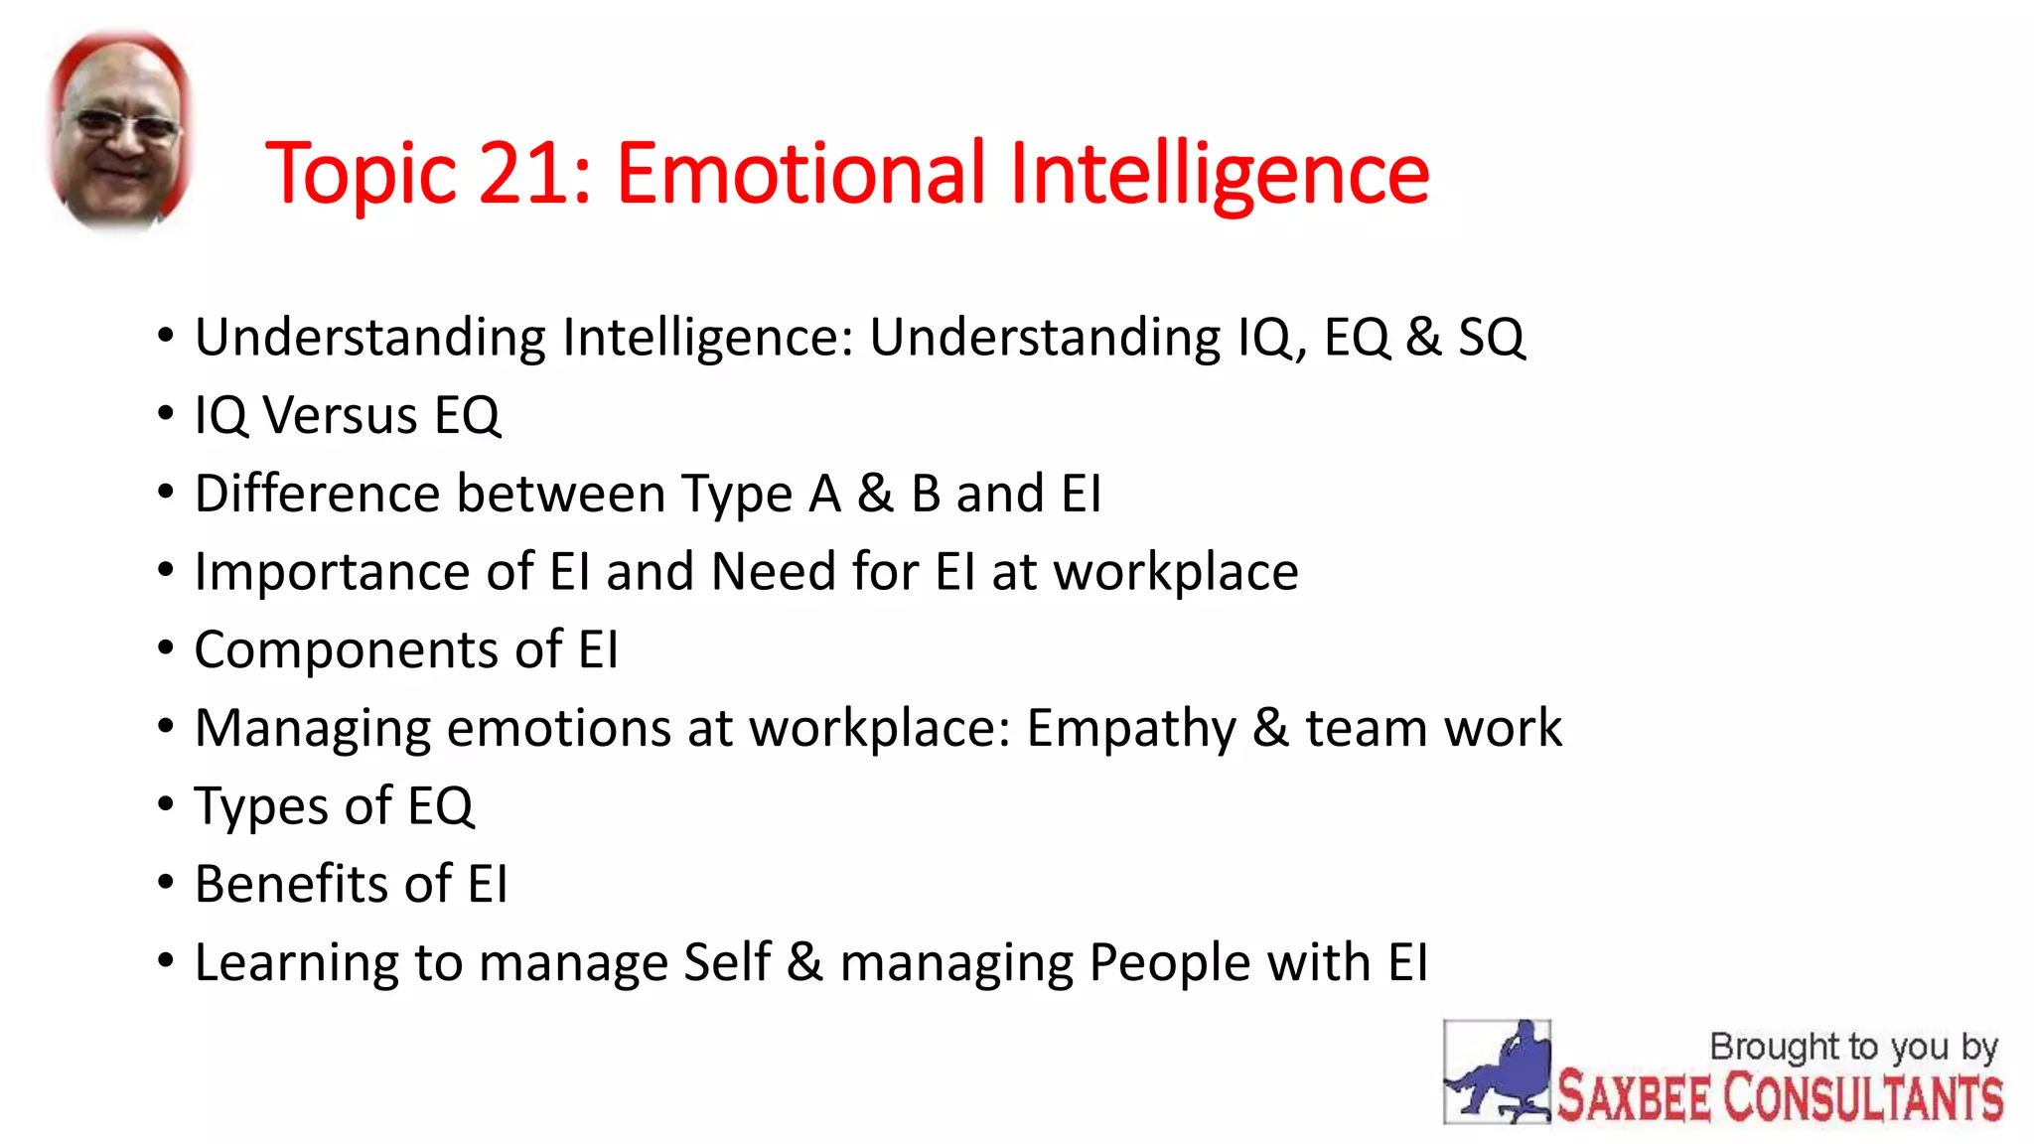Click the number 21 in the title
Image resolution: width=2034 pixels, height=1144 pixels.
(x=524, y=174)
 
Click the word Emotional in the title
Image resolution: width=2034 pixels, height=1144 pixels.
(x=800, y=174)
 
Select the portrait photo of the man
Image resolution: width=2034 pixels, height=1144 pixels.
(x=120, y=129)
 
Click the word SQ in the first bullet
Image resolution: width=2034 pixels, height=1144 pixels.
(x=1491, y=338)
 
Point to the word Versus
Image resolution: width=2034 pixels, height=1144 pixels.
(x=340, y=415)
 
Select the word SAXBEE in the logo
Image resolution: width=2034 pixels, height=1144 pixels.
(x=1634, y=1097)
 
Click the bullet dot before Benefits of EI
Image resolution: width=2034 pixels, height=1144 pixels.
(x=166, y=882)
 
